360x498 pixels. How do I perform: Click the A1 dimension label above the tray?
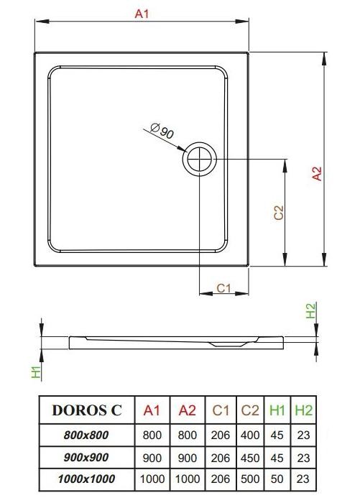142,15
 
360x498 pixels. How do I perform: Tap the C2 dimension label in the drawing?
280,213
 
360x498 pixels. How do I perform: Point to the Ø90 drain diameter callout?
164,131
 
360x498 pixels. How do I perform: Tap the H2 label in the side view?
311,310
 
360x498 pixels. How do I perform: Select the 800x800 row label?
87,435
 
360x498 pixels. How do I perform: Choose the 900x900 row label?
87,457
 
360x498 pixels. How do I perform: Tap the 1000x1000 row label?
87,479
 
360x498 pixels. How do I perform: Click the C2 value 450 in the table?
250,457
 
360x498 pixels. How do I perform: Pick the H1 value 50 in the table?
277,479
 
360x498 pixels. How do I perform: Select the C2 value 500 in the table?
250,479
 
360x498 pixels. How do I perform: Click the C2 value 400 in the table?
250,435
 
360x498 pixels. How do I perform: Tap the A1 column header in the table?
152,410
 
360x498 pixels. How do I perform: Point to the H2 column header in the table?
304,410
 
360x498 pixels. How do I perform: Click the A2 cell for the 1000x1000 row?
187,479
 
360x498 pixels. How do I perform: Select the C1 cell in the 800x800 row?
221,435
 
